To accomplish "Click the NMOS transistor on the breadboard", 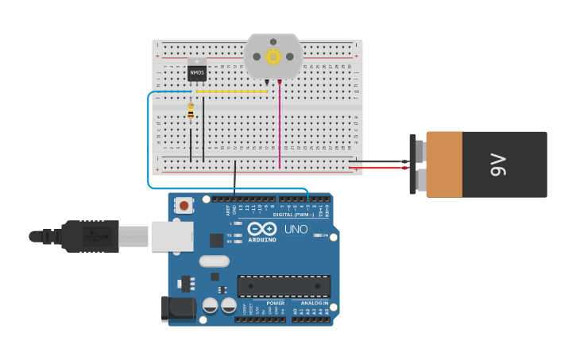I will pos(196,72).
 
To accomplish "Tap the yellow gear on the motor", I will pos(273,56).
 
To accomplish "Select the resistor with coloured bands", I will pos(191,113).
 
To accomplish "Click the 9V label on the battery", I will pos(498,165).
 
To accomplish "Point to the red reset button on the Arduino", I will pos(184,205).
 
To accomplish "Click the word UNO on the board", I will pos(296,230).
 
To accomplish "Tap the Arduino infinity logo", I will pos(262,229).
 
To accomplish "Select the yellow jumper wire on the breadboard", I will pos(232,91).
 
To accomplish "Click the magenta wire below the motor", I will pos(280,127).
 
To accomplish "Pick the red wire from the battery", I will pos(377,168).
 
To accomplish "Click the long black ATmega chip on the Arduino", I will pos(284,286).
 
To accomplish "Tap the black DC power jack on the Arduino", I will pos(179,308).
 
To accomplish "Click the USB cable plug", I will pos(91,236).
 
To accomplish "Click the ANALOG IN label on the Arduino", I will pos(315,303).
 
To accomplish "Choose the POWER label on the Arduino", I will pos(275,303).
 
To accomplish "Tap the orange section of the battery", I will pos(444,165).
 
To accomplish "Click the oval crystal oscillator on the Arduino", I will pos(214,261).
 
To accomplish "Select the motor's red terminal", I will pos(279,82).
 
